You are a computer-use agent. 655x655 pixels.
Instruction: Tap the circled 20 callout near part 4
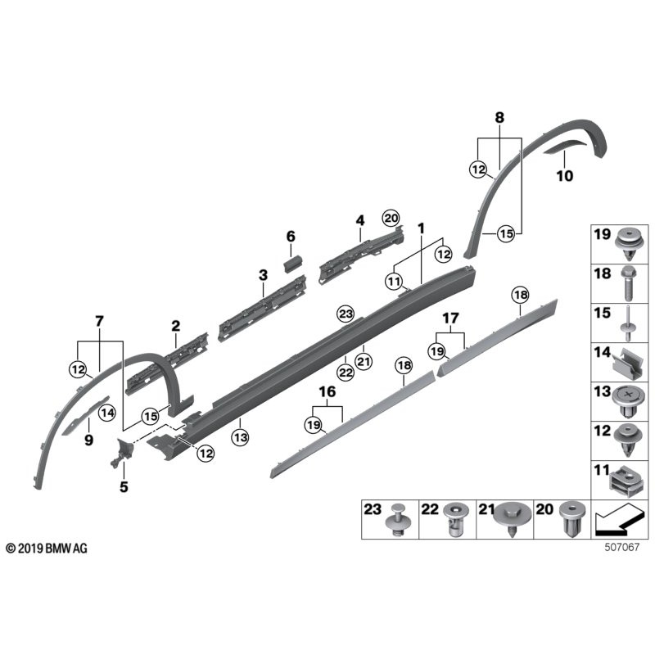(x=391, y=217)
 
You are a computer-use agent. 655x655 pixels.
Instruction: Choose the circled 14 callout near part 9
(x=107, y=413)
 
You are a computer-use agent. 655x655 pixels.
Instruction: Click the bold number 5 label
(x=124, y=486)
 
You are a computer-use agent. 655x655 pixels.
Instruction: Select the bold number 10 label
(x=565, y=175)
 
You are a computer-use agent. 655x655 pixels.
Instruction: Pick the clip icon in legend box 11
(x=626, y=481)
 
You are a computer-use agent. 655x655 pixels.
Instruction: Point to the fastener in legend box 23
(x=400, y=520)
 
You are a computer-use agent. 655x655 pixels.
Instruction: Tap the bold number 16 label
(x=325, y=393)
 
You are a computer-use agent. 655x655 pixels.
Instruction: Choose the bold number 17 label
(x=450, y=318)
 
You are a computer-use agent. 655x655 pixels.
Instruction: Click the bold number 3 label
(x=263, y=276)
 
